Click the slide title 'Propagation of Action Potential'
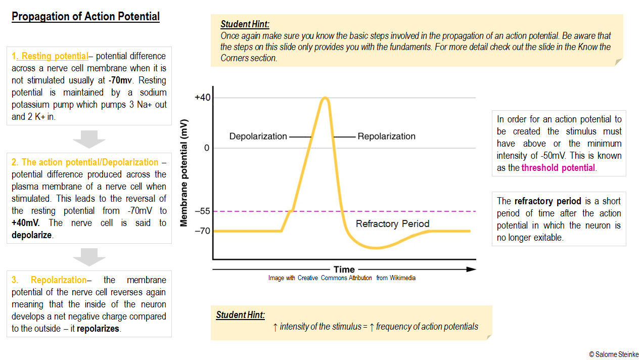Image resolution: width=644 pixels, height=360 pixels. point(85,17)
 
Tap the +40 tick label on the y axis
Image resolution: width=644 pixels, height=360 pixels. point(202,97)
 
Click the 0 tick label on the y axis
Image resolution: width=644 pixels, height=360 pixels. point(206,148)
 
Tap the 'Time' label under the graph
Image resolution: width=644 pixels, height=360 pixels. point(344,269)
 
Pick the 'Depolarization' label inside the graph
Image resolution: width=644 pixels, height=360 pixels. point(258,137)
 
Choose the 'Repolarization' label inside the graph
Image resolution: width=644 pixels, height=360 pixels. point(386,137)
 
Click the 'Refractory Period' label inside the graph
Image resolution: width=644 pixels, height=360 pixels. point(392,223)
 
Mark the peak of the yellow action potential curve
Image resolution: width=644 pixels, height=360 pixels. point(325,98)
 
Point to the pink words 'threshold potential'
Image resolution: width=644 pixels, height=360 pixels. point(558,168)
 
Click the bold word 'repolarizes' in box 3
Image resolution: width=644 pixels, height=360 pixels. point(98,329)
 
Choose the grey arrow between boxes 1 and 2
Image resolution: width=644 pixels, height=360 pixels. point(89,139)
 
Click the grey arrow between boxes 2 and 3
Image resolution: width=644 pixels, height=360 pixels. point(89,257)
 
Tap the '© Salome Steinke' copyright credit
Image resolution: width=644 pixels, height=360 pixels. point(614,354)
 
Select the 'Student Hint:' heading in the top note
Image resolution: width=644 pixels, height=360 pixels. point(245,24)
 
